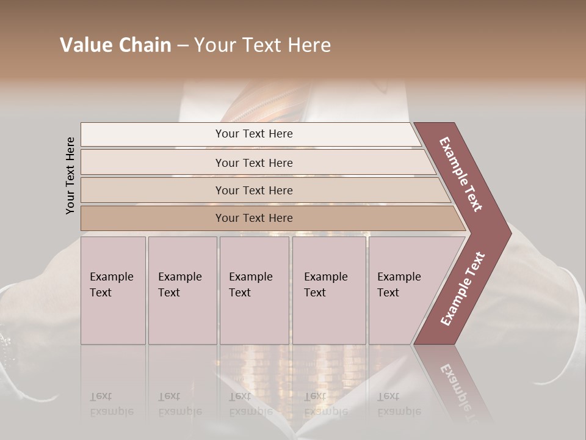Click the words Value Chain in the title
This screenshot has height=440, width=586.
click(x=115, y=45)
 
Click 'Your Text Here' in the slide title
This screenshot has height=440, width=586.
click(x=262, y=45)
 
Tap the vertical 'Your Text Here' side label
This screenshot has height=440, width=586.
click(x=70, y=176)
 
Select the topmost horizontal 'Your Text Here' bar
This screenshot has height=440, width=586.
click(x=253, y=134)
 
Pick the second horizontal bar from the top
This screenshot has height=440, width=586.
click(x=253, y=163)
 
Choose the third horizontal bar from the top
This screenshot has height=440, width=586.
click(x=253, y=190)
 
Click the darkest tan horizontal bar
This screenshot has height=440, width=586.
click(x=253, y=218)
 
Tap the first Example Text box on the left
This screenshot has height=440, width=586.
click(x=112, y=290)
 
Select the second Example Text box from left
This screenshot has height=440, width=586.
click(x=182, y=290)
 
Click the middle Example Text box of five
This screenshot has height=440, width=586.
click(x=253, y=290)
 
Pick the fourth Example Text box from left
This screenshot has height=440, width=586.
click(x=328, y=290)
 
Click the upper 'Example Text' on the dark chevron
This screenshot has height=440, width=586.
click(x=461, y=174)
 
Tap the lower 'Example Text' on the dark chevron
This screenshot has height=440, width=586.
click(x=463, y=288)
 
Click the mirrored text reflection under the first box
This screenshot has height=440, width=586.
click(x=111, y=404)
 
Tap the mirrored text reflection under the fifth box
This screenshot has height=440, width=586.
click(x=399, y=404)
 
